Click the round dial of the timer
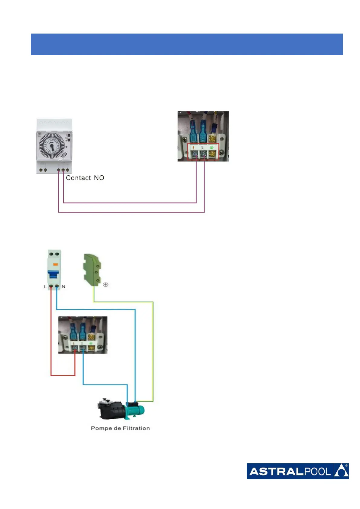click(51, 146)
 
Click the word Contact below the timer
click(78, 178)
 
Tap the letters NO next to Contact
click(99, 178)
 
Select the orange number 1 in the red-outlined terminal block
click(193, 148)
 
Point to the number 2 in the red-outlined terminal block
click(202, 148)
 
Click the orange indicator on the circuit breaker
click(55, 264)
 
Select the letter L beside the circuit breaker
click(46, 287)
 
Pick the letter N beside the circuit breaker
click(63, 287)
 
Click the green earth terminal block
click(92, 270)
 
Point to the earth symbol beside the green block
click(105, 285)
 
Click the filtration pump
click(121, 410)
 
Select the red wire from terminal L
click(51, 332)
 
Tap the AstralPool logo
click(297, 471)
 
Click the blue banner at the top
click(186, 44)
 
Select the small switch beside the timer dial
click(68, 138)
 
